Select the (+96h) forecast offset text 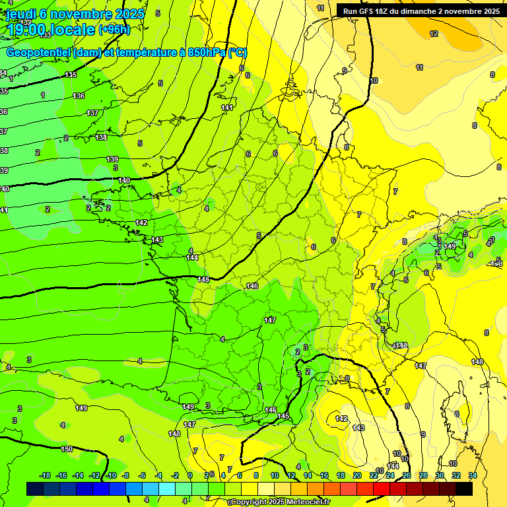pos(114,30)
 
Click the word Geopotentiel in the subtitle pos(37,52)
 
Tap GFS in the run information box pos(365,11)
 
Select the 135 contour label pos(71,75)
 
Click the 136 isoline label pos(79,96)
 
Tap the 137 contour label pos(92,113)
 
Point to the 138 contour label pos(101,137)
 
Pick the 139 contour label pos(112,159)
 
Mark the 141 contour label pos(227,108)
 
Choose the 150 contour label pos(67,449)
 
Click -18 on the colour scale pos(45,475)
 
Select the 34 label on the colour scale pos(473,475)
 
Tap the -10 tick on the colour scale pos(111,475)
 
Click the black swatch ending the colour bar pos(464,489)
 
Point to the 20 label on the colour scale pos(356,475)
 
